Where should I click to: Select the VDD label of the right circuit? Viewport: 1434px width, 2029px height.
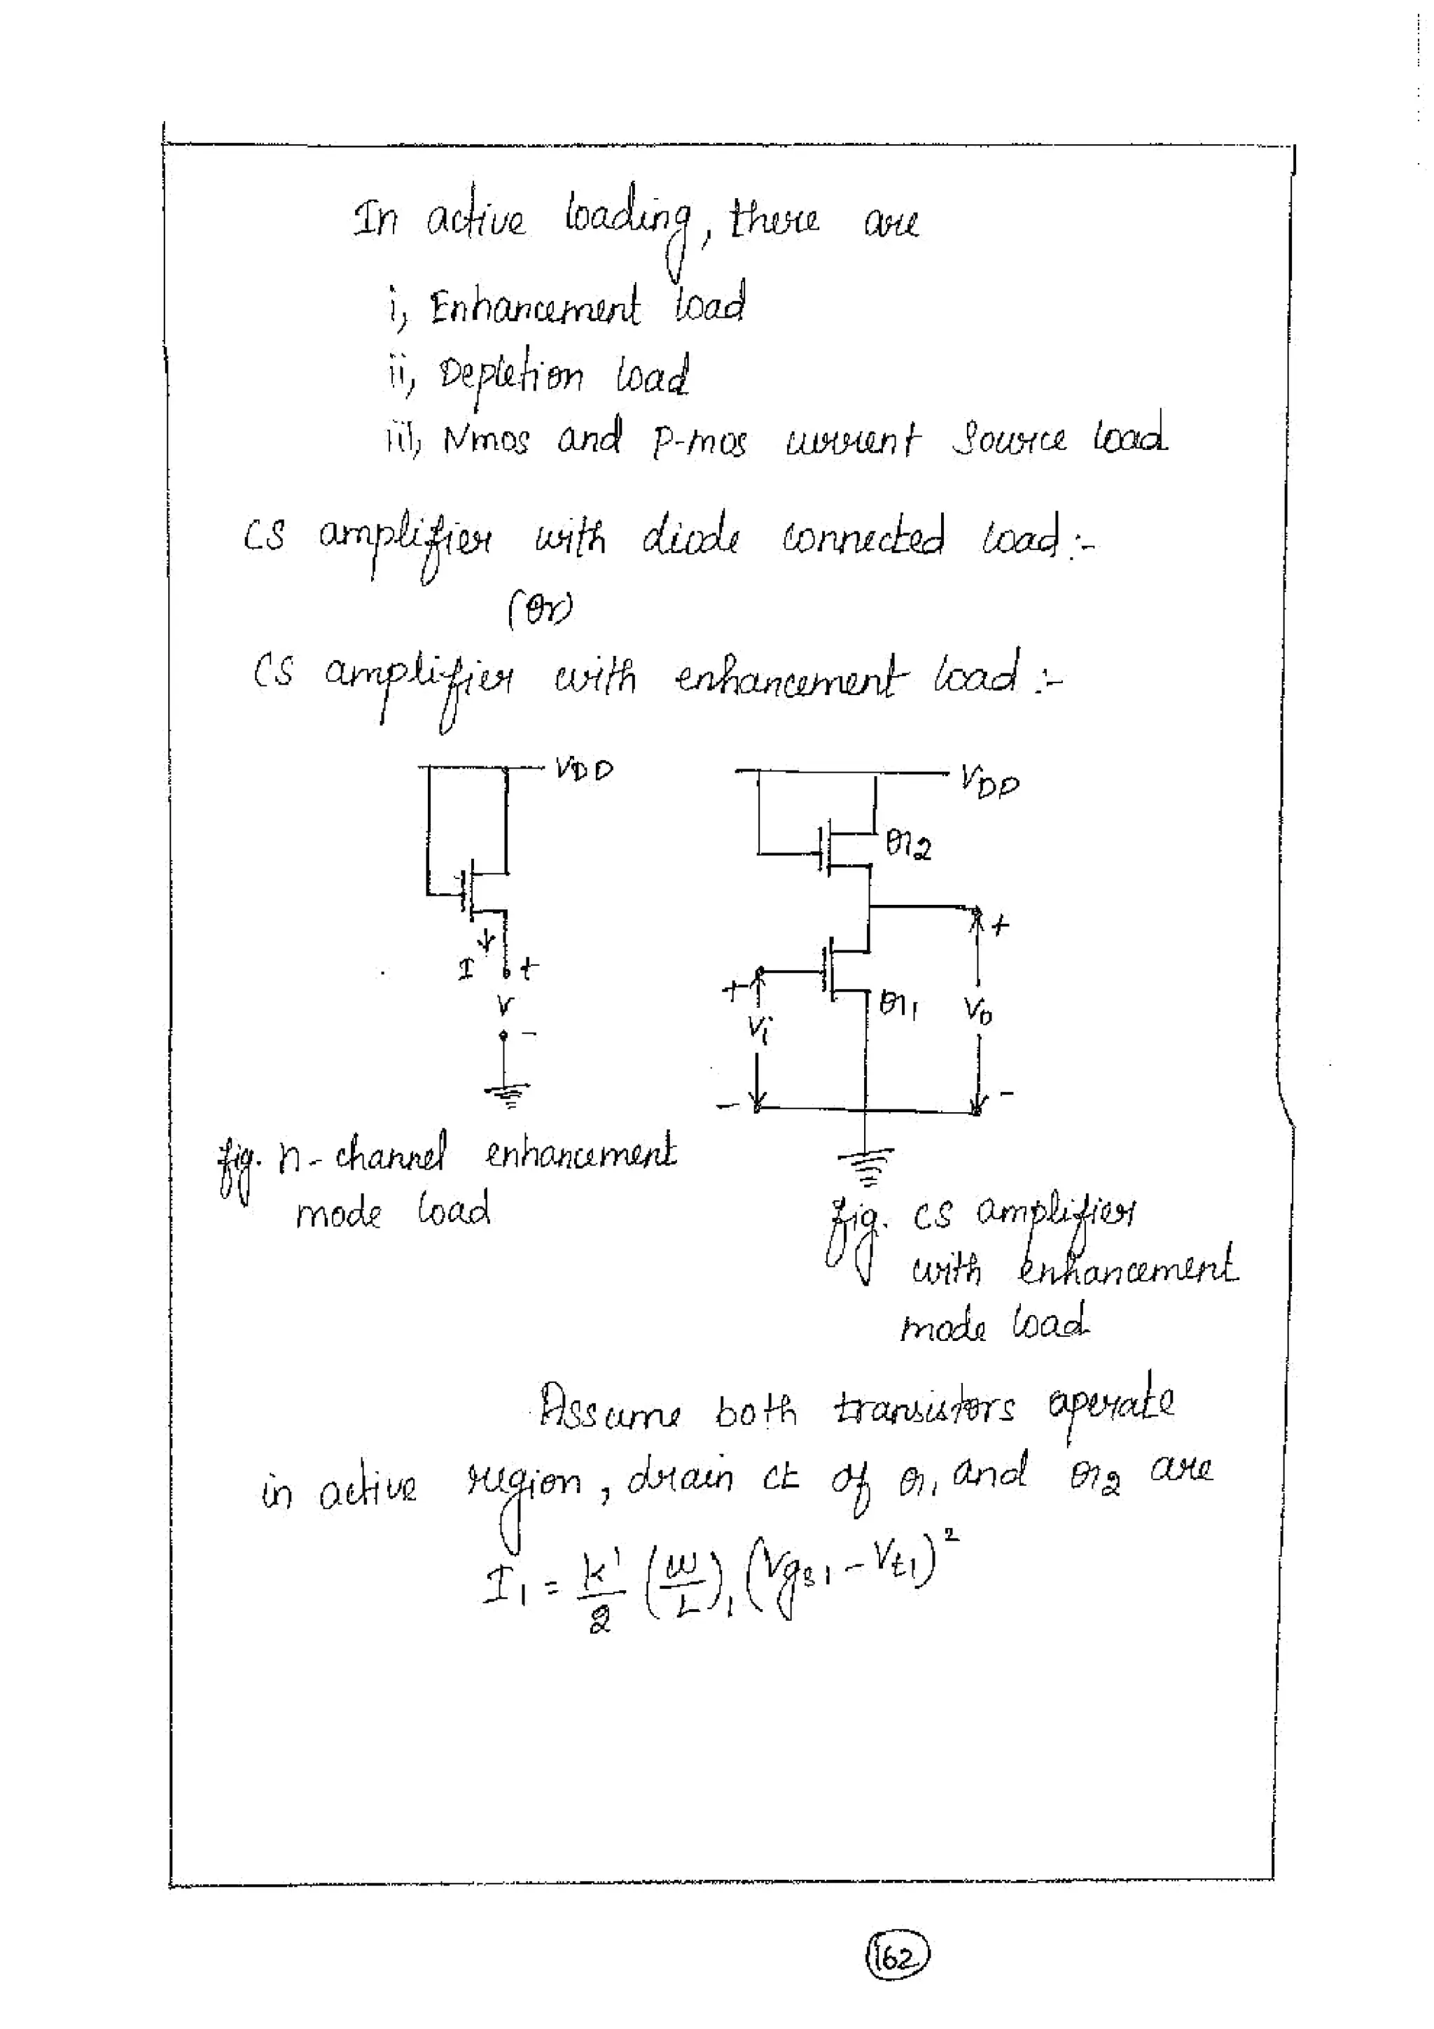[x=989, y=782]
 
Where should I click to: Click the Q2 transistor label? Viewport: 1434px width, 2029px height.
[x=908, y=848]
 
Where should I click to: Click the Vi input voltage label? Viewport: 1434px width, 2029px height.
[x=758, y=1027]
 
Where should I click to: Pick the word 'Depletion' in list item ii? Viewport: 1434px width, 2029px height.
[x=511, y=378]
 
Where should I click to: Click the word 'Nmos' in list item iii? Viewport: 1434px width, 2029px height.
[x=485, y=440]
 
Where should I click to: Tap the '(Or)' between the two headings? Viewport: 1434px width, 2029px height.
[x=540, y=609]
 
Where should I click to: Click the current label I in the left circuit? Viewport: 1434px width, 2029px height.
[x=466, y=969]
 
